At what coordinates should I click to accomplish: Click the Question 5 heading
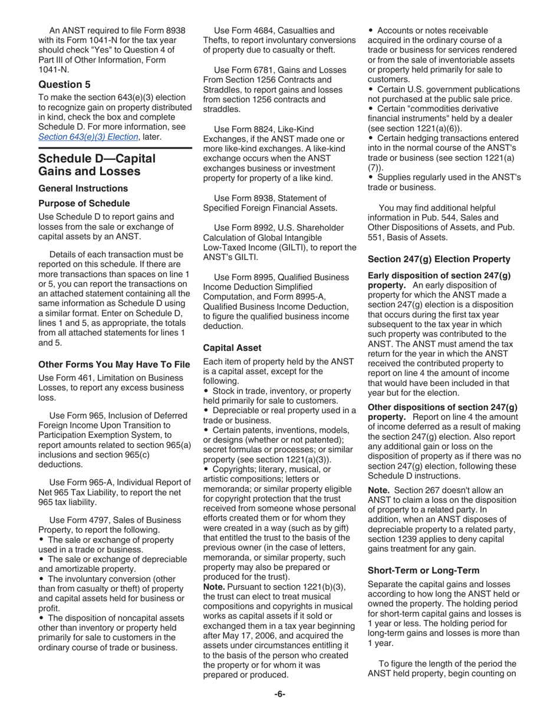(64, 84)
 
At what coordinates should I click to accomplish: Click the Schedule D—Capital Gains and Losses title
(97, 165)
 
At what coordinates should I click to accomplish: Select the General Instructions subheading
(83, 189)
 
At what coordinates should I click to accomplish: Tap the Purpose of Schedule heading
(84, 203)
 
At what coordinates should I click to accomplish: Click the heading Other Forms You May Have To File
(114, 364)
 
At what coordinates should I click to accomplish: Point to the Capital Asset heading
(232, 348)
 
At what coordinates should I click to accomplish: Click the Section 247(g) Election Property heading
(439, 258)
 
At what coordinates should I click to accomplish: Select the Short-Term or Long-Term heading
(423, 570)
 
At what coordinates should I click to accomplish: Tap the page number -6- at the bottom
(279, 694)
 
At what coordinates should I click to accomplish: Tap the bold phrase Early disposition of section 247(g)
(439, 275)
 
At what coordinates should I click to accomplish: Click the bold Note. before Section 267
(378, 490)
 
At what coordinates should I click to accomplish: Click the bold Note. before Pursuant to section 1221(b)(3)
(213, 587)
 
